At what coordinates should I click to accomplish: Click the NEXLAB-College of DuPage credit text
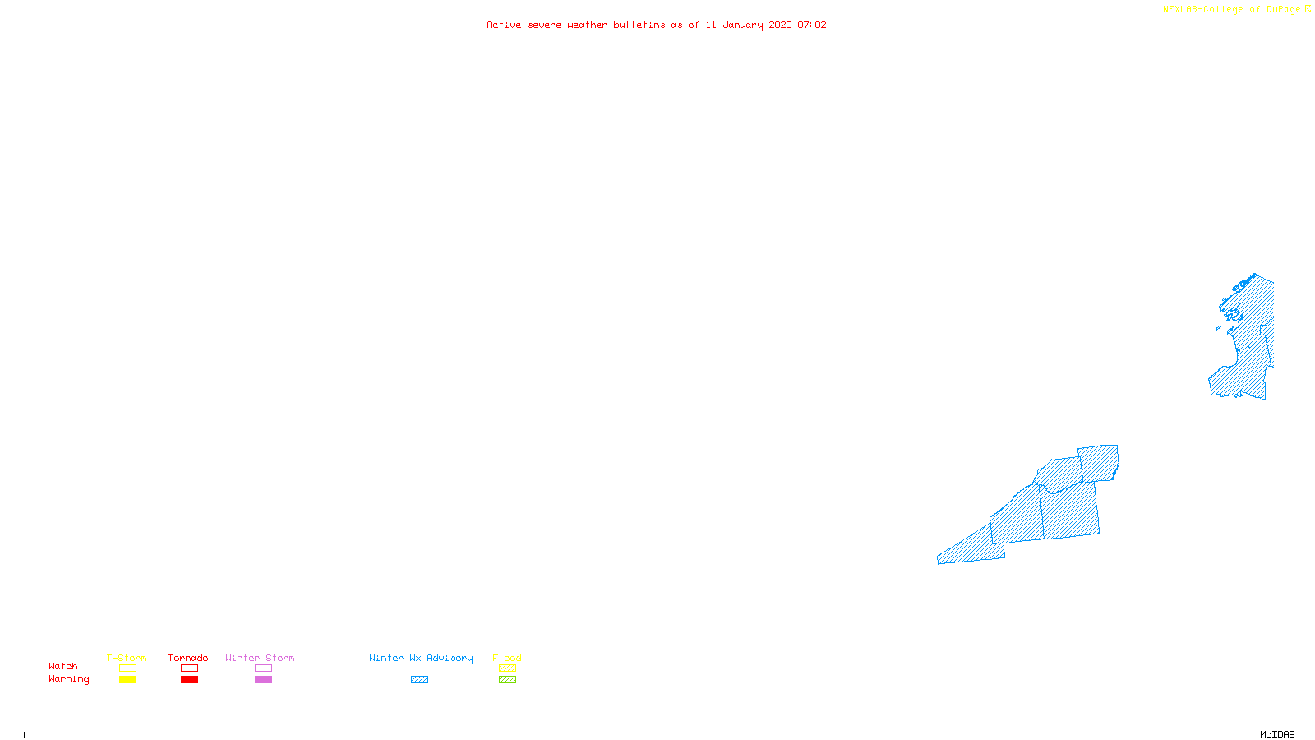[x=1232, y=9]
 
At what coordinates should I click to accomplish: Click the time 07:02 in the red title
[x=811, y=25]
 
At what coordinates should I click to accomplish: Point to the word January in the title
[x=742, y=25]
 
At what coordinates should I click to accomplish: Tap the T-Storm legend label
[x=127, y=658]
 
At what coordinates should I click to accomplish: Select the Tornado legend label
[x=188, y=658]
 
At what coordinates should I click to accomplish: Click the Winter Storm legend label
[x=260, y=658]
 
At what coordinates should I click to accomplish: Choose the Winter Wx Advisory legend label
[x=421, y=658]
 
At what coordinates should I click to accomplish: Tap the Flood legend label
[x=507, y=658]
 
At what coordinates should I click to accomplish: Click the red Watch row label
[x=63, y=666]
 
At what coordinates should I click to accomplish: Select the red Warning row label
[x=69, y=679]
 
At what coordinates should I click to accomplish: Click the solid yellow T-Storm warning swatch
[x=127, y=680]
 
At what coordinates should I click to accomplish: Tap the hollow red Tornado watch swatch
[x=189, y=668]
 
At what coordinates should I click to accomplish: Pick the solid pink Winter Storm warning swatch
[x=263, y=680]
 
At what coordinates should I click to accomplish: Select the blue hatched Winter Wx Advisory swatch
[x=419, y=680]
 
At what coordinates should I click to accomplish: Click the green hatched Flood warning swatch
[x=507, y=680]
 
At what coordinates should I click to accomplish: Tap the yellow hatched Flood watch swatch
[x=507, y=668]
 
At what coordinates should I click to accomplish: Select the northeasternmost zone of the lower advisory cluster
[x=1099, y=462]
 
